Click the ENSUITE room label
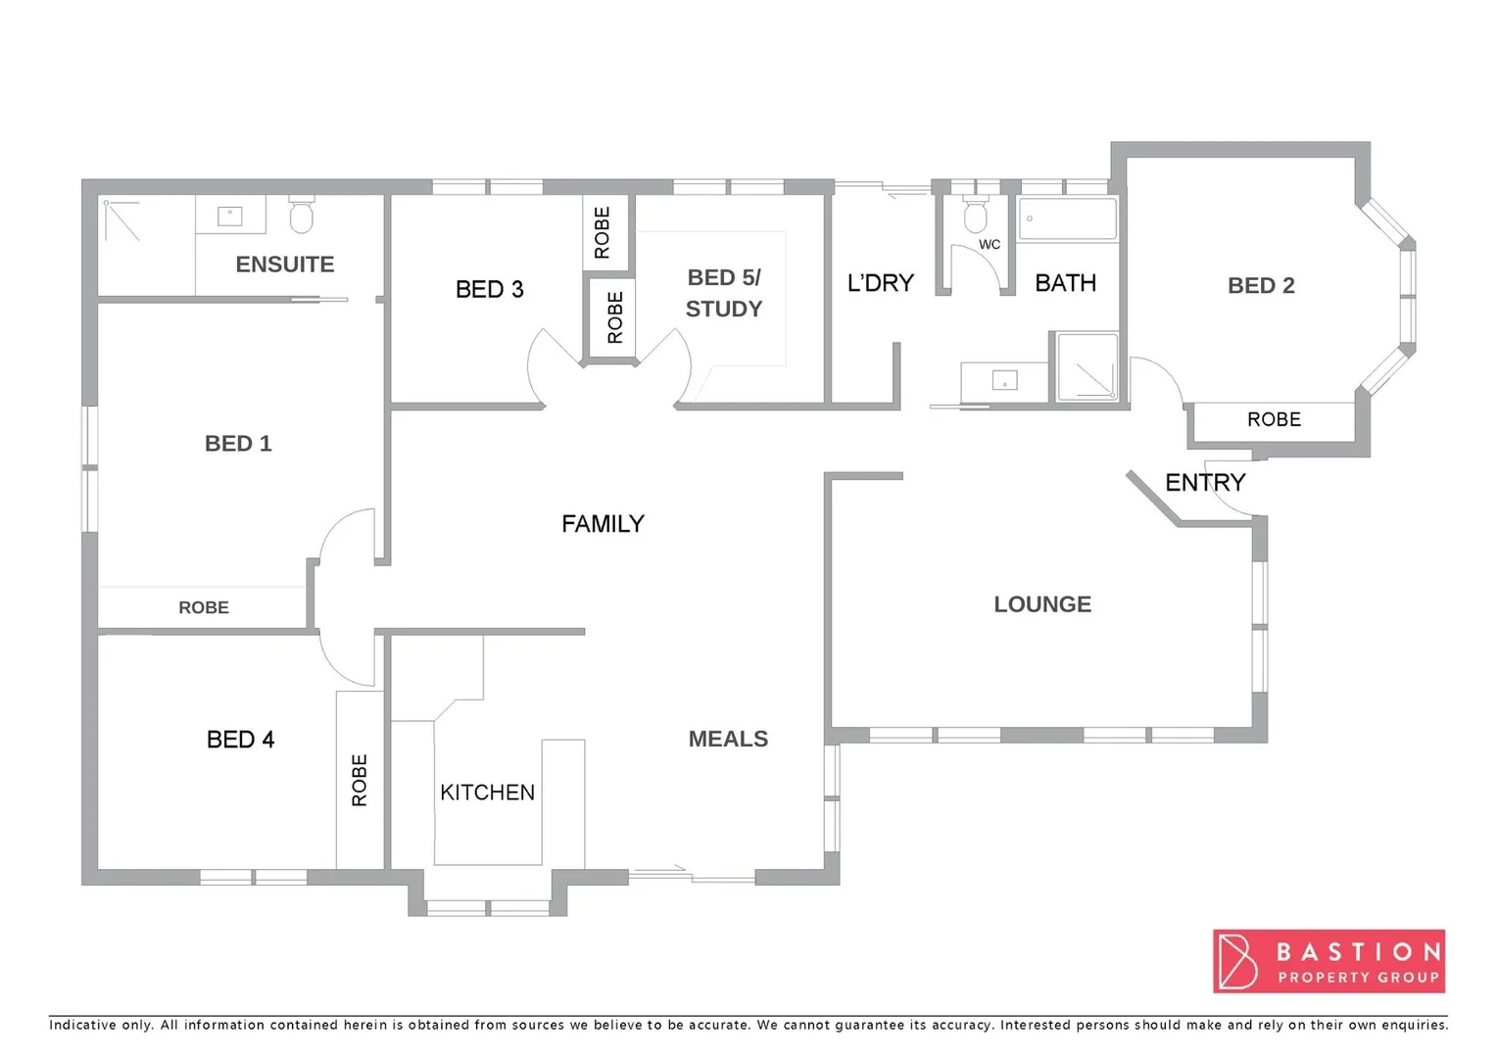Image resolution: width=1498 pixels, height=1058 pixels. pyautogui.click(x=285, y=264)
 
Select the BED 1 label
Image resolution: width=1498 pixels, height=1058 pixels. pyautogui.click(x=238, y=444)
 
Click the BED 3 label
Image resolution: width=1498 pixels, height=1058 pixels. pyautogui.click(x=490, y=290)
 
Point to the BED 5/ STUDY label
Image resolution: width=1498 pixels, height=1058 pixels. pyautogui.click(x=724, y=293)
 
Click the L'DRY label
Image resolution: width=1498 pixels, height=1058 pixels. pyautogui.click(x=880, y=283)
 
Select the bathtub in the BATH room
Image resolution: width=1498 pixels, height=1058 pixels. pyautogui.click(x=1067, y=218)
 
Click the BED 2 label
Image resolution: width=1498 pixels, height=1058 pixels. pyautogui.click(x=1261, y=286)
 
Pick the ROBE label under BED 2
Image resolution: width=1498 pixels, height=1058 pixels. pyautogui.click(x=1274, y=419)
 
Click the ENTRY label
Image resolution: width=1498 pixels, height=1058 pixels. pyautogui.click(x=1205, y=482)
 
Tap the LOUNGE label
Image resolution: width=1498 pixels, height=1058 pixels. pyautogui.click(x=1042, y=604)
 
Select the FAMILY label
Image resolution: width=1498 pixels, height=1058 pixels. pyautogui.click(x=603, y=524)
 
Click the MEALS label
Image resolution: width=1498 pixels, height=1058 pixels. pyautogui.click(x=728, y=739)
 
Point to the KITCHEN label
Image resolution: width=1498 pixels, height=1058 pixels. pyautogui.click(x=487, y=793)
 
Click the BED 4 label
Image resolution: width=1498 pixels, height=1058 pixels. pyautogui.click(x=240, y=740)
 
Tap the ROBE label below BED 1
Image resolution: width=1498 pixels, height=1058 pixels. pyautogui.click(x=204, y=607)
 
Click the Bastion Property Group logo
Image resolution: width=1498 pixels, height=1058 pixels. pyautogui.click(x=1329, y=961)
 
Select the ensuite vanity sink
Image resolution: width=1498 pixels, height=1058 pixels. pyautogui.click(x=230, y=215)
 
